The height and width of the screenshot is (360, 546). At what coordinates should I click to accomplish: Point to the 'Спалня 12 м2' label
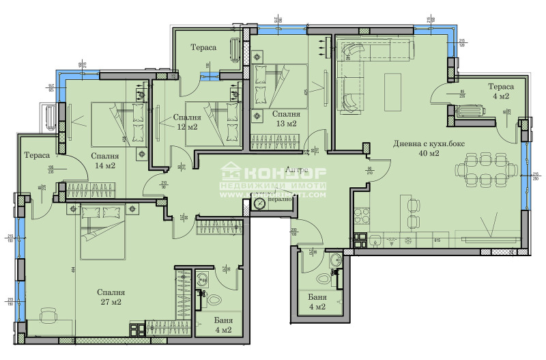click(186, 122)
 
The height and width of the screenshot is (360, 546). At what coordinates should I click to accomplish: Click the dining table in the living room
click(485, 170)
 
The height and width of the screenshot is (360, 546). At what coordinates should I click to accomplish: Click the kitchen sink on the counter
click(377, 240)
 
